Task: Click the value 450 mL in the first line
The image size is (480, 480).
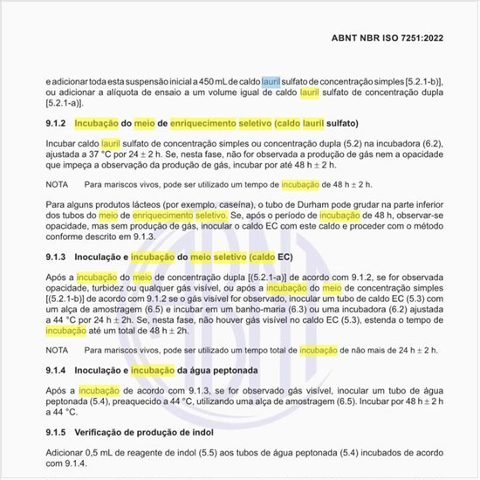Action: [207, 80]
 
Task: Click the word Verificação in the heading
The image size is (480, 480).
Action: [104, 433]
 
